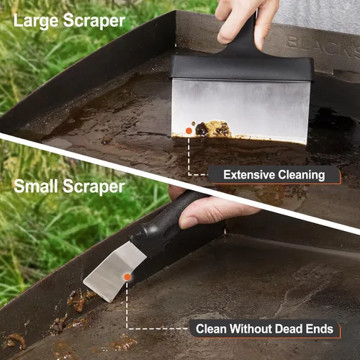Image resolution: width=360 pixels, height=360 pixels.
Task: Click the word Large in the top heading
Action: click(x=36, y=21)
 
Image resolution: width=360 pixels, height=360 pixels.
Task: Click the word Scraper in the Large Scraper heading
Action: click(x=94, y=21)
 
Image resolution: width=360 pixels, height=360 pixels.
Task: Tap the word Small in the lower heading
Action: click(x=36, y=186)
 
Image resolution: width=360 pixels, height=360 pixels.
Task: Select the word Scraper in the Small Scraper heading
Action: click(x=94, y=186)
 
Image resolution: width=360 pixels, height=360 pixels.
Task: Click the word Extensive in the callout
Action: click(x=249, y=175)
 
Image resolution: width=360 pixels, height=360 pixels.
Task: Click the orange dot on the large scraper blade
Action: click(x=189, y=131)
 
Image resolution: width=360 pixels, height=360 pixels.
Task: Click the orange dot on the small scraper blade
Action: click(x=127, y=277)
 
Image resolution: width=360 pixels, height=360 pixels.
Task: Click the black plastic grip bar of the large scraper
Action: click(x=242, y=68)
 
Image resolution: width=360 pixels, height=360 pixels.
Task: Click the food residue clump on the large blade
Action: click(x=213, y=129)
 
